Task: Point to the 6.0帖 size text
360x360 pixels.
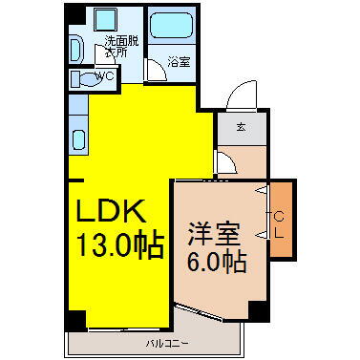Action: click(217, 260)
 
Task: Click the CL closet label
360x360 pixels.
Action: click(279, 225)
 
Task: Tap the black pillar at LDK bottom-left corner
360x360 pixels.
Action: click(77, 318)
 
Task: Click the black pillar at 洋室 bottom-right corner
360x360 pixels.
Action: click(256, 309)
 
